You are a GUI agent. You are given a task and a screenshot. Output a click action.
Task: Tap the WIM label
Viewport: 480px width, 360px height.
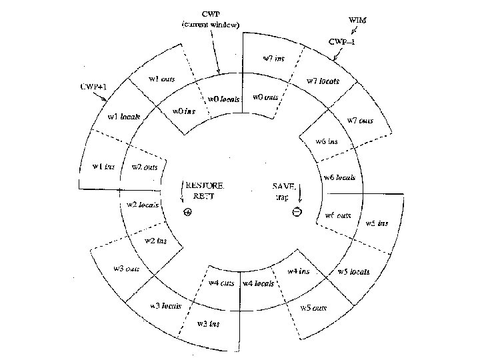coord(357,20)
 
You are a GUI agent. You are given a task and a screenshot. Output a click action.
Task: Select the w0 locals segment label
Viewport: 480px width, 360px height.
coord(224,99)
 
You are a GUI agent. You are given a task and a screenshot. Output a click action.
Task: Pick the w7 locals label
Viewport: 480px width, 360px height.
coord(323,81)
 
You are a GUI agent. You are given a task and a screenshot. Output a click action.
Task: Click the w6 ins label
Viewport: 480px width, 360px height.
coord(326,141)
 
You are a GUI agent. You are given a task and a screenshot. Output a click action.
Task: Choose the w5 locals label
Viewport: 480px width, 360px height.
coord(353,272)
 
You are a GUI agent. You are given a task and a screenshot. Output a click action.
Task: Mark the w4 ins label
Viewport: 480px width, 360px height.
coord(298,271)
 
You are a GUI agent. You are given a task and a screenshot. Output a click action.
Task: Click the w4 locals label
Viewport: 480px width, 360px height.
coord(259,283)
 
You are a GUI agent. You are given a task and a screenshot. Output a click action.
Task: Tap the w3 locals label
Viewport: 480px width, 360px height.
coord(166,306)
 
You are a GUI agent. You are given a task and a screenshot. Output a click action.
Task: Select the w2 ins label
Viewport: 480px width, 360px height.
coord(155,241)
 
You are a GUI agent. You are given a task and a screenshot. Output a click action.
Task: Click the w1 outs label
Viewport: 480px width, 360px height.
coord(162,79)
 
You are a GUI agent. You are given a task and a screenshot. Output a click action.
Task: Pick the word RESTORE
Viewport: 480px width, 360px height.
coord(205,185)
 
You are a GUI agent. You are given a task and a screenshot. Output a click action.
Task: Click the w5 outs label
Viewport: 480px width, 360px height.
coord(313,307)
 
